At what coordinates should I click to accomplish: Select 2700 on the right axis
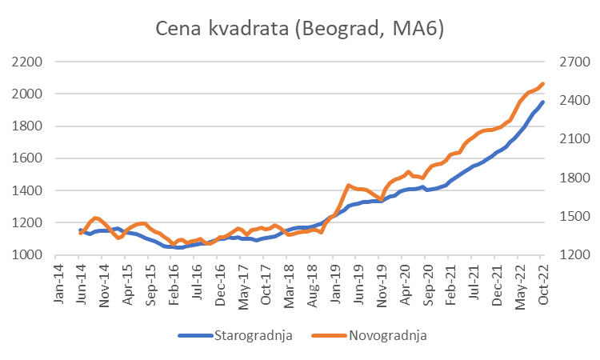[x=570, y=62]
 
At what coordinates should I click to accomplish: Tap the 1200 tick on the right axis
[x=570, y=255]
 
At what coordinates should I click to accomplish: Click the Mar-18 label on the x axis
[x=284, y=283]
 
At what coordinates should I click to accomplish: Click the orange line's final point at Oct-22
[x=544, y=83]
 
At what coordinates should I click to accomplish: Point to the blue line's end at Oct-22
[x=544, y=102]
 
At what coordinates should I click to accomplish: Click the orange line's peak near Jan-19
[x=348, y=186]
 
